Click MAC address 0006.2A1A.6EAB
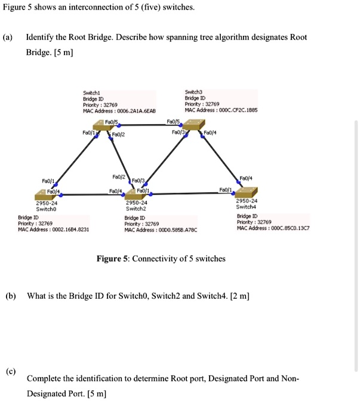point(136,111)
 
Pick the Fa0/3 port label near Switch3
point(177,132)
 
